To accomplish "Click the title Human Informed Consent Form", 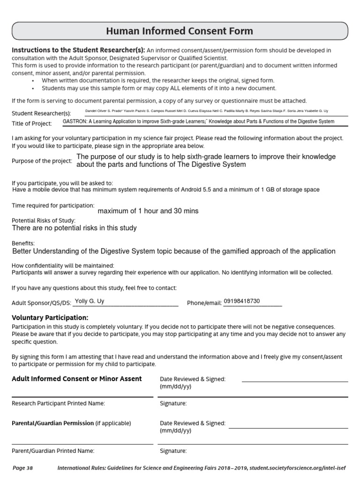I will [180, 31].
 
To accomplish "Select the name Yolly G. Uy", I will [90, 301].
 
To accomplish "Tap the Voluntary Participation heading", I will [50, 317].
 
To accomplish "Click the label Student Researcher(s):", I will [41, 113].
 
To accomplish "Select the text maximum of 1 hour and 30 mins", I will [148, 211].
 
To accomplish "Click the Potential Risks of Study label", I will [43, 220].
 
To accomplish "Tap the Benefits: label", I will [23, 244].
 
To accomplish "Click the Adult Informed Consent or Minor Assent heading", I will [76, 379].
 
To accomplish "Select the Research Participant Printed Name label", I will [58, 403].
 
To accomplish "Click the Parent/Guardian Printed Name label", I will [53, 451].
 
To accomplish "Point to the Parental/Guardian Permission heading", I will [52, 423].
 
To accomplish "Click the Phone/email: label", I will [204, 303].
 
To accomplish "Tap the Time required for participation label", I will [53, 205].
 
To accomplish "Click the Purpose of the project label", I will [42, 161].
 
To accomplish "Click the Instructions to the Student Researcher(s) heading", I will [78, 50].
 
